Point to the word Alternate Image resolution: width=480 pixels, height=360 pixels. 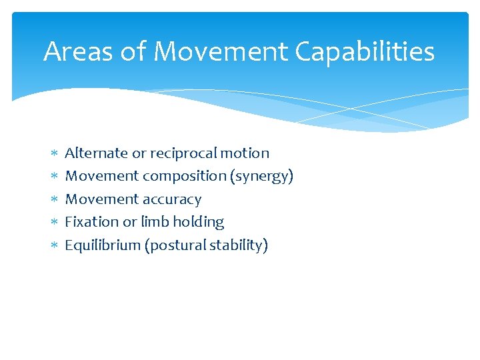[96, 153]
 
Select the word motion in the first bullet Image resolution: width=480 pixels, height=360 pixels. [245, 153]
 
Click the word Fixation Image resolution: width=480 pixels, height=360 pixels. [91, 222]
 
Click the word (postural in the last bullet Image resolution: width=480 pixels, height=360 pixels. [175, 245]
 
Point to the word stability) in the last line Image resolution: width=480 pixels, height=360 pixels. [239, 245]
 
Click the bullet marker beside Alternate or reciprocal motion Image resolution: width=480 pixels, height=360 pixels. [54, 154]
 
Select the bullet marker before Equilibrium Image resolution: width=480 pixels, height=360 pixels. [54, 246]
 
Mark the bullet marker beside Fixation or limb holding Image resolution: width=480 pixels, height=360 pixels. [54, 223]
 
